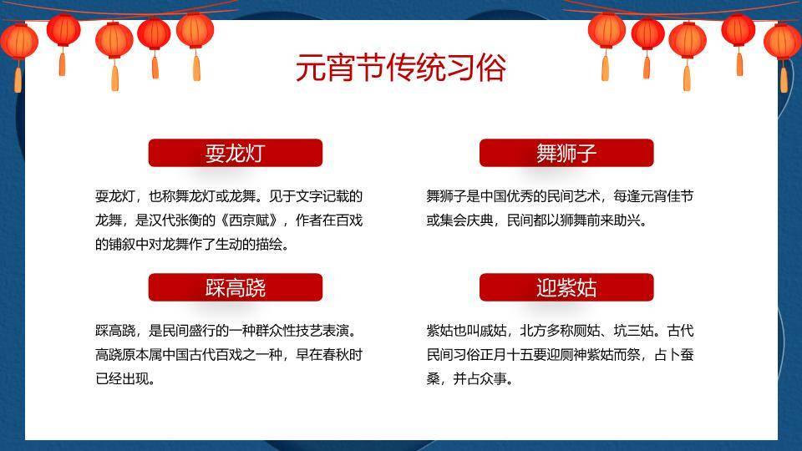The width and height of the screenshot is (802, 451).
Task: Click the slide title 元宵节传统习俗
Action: pyautogui.click(x=401, y=68)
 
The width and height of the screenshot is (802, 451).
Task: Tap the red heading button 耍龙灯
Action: pyautogui.click(x=235, y=153)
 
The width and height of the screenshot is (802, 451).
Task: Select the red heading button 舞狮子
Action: pyautogui.click(x=566, y=153)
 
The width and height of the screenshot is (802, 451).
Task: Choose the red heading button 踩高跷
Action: pyautogui.click(x=235, y=288)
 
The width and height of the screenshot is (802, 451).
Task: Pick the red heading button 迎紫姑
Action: pyautogui.click(x=566, y=288)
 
